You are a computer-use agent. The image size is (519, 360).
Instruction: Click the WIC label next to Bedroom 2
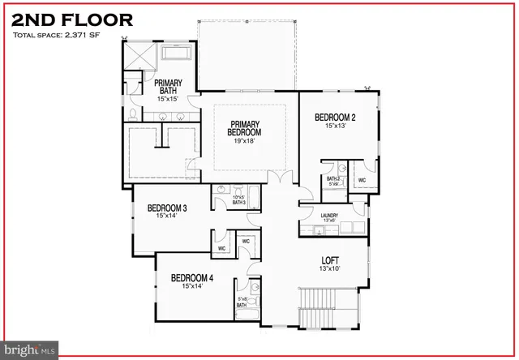tap(362, 180)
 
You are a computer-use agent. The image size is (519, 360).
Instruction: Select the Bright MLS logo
tap(28, 351)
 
